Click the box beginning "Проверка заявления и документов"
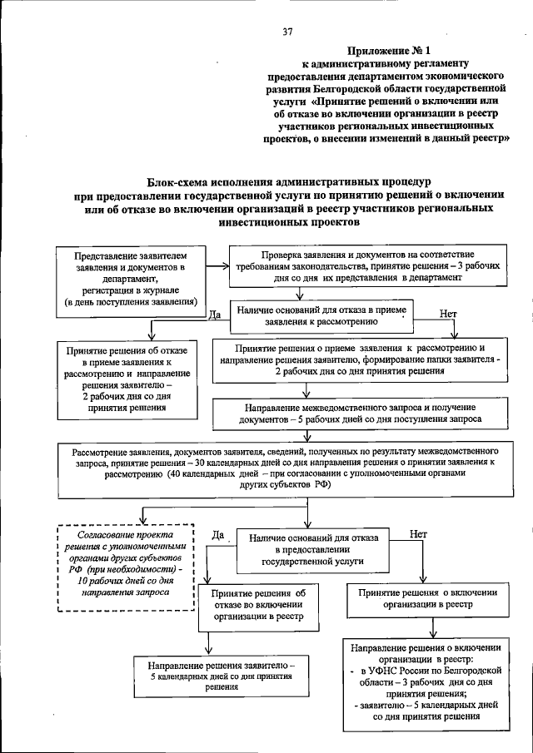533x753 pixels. pos(367,265)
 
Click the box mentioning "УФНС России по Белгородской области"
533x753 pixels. pos(426,680)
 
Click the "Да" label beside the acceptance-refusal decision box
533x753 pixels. pos(212,315)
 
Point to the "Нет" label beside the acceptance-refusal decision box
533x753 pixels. pos(448,314)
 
